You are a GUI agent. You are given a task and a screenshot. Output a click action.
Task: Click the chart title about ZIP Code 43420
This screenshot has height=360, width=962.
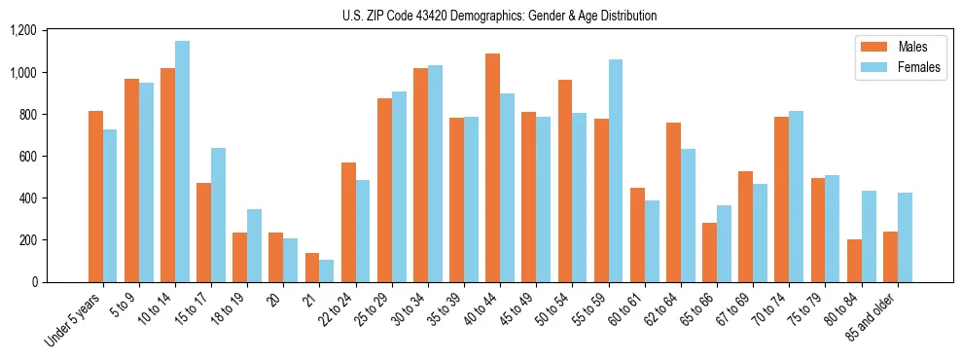pos(499,16)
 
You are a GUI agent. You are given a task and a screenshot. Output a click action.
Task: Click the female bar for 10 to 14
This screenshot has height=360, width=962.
pos(182,162)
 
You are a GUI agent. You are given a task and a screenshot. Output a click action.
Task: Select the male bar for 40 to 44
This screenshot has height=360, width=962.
pos(493,167)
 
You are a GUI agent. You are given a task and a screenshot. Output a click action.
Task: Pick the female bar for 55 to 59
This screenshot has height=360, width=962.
pos(616,170)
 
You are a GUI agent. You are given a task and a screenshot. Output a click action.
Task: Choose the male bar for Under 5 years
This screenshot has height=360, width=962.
pos(95,197)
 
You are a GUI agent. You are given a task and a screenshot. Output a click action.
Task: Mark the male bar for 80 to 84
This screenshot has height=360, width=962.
pos(854,261)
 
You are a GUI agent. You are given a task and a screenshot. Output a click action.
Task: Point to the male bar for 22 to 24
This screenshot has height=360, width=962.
pos(348,222)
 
